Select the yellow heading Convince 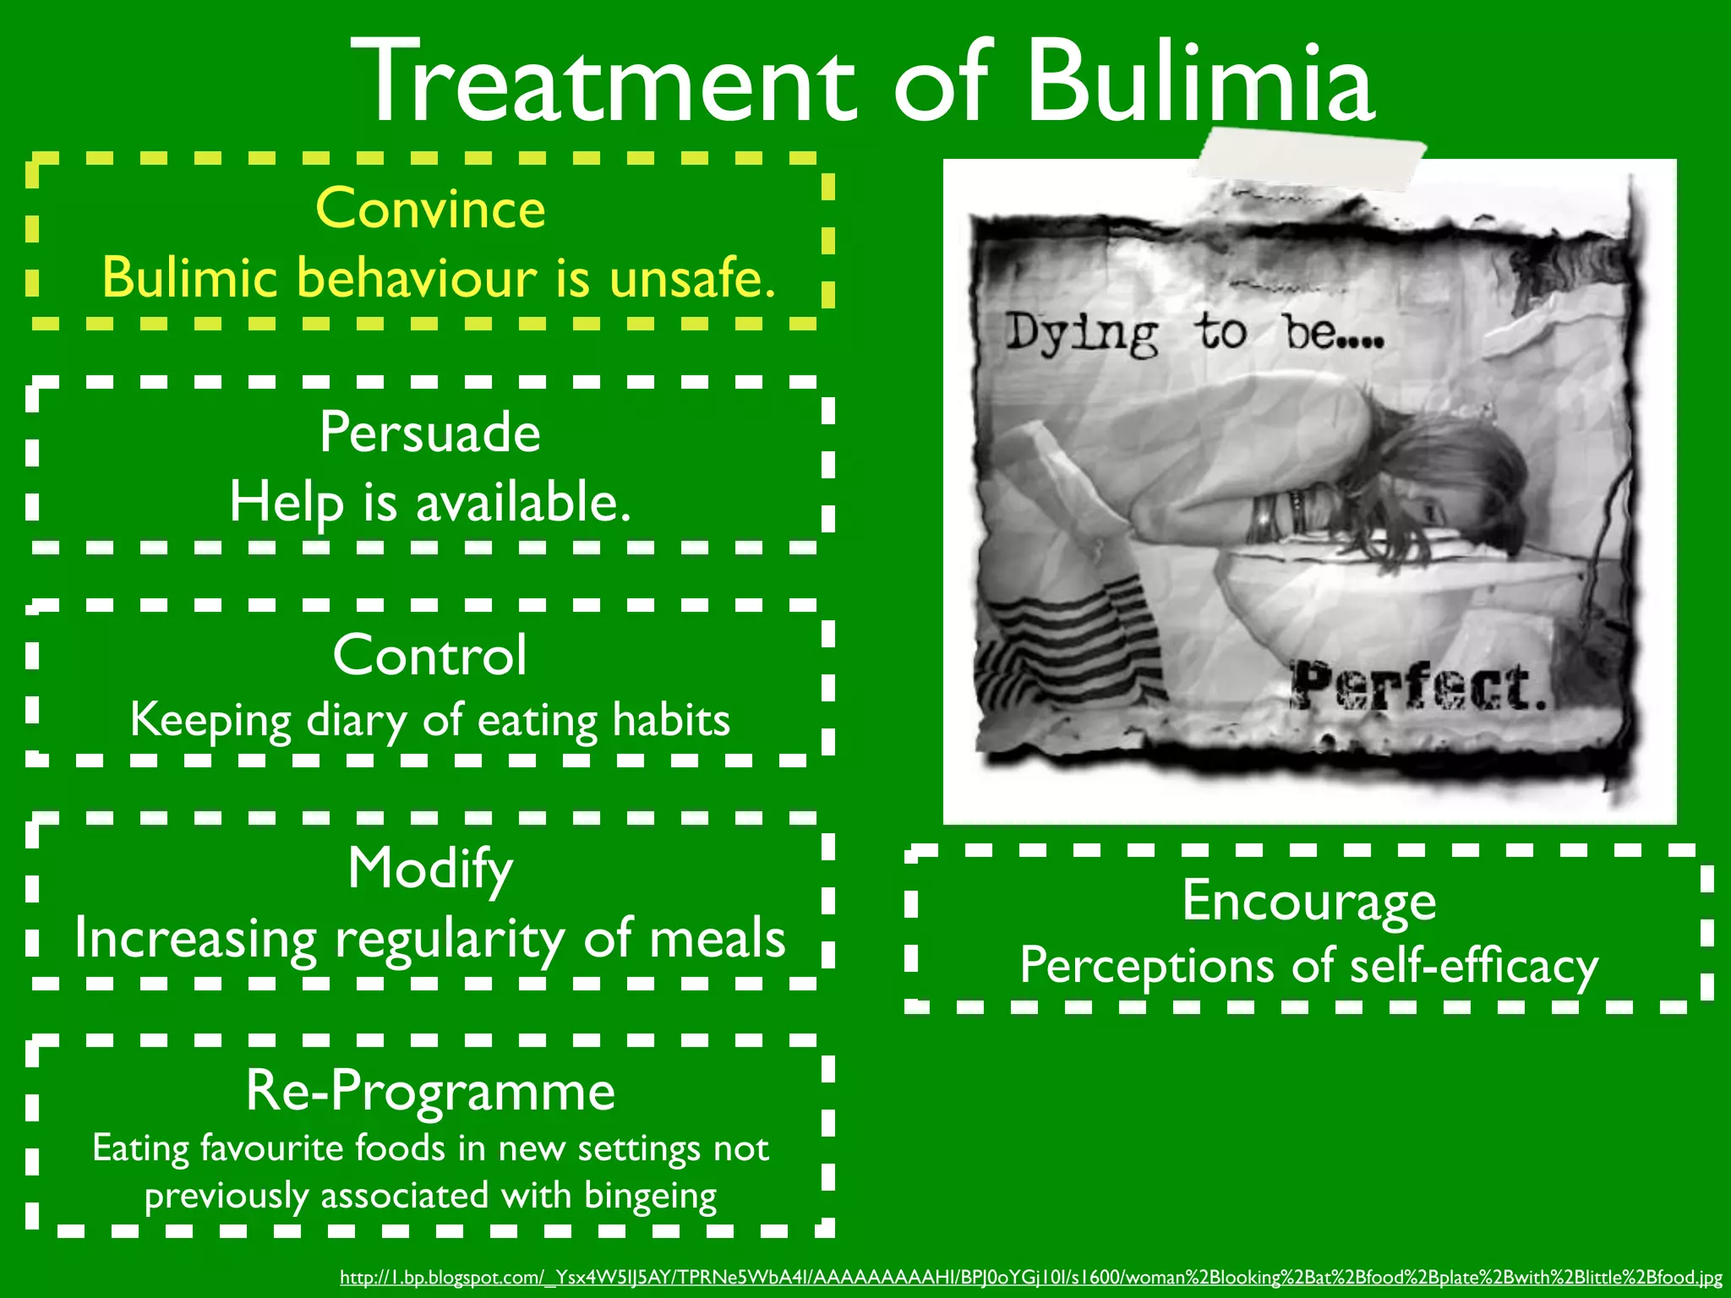coord(430,208)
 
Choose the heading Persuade coord(430,432)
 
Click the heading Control coord(430,655)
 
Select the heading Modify coord(430,869)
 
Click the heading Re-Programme coord(430,1090)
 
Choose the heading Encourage coord(1308,901)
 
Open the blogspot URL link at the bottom coord(1030,1278)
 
